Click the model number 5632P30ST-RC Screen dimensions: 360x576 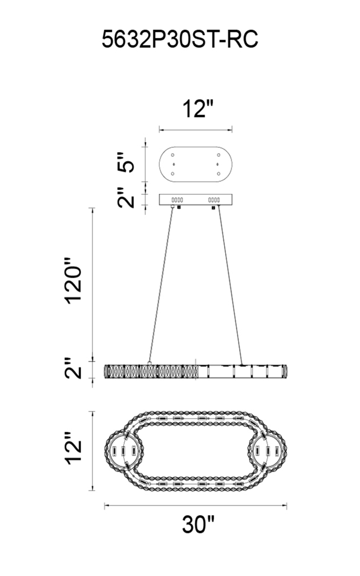pyautogui.click(x=180, y=39)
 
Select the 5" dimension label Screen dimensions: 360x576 pyautogui.click(x=126, y=162)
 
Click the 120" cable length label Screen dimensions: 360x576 pyautogui.click(x=73, y=280)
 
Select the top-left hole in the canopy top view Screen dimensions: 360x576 pyautogui.click(x=172, y=155)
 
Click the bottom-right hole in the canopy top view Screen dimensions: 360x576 pyautogui.click(x=219, y=174)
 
